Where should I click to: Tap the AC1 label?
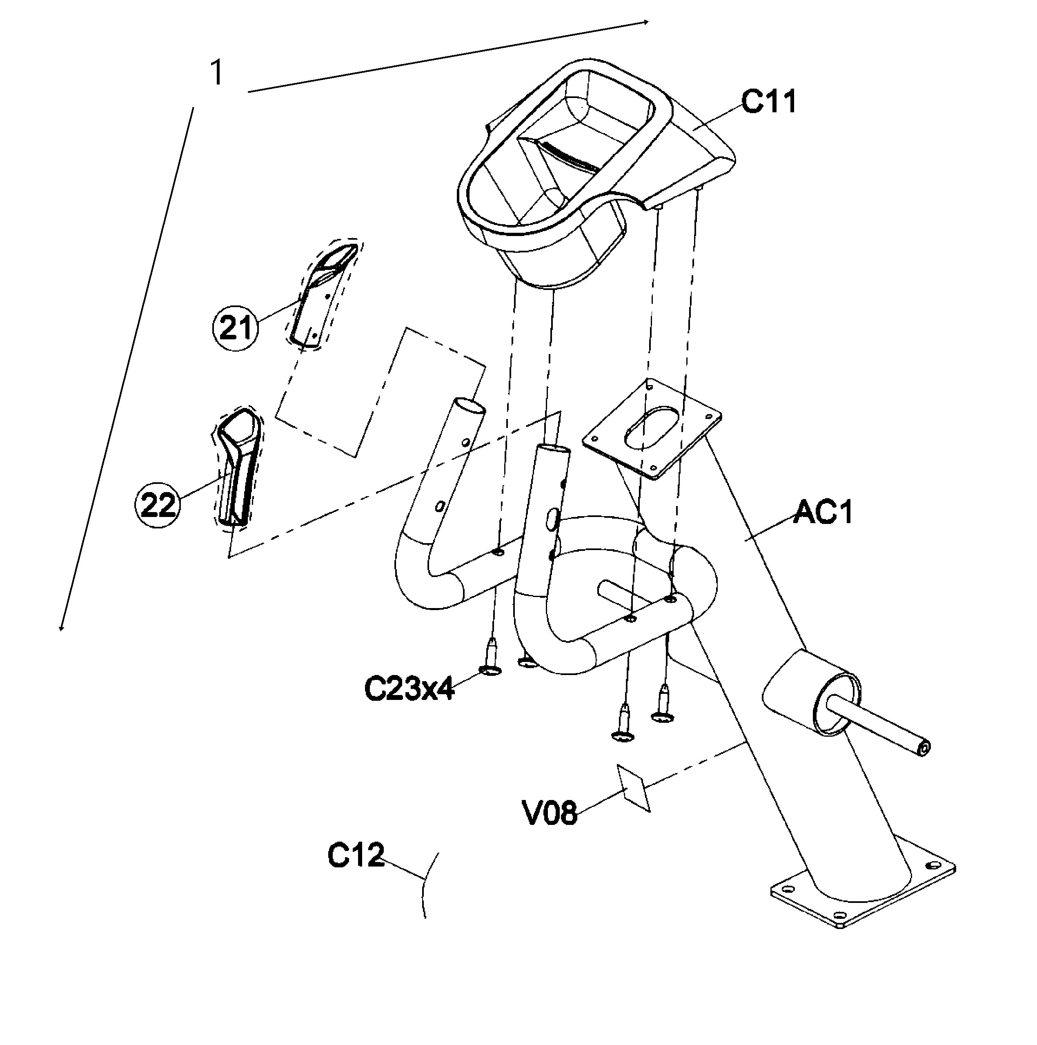point(823,512)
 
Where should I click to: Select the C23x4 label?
point(409,689)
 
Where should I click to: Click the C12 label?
point(356,856)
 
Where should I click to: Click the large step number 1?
point(217,73)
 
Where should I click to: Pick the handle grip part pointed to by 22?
point(238,465)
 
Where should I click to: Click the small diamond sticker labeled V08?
point(634,789)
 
